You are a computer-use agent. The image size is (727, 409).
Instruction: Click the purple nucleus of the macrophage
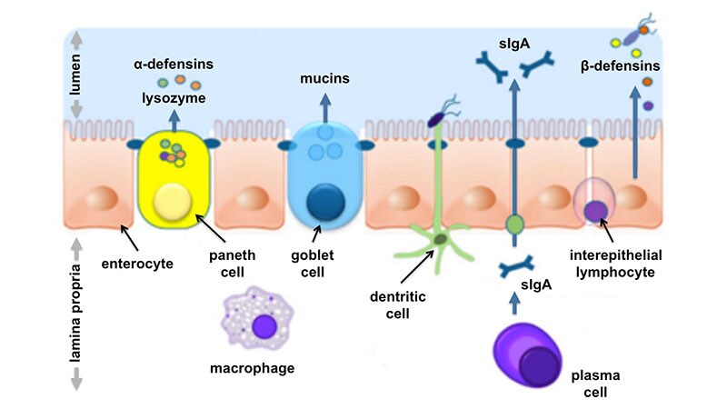pyautogui.click(x=265, y=325)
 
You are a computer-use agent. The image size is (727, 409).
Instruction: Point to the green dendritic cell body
pyautogui.click(x=440, y=239)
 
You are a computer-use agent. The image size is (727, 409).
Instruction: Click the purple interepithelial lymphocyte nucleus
pyautogui.click(x=596, y=211)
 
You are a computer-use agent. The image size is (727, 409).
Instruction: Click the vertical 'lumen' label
pyautogui.click(x=76, y=74)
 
